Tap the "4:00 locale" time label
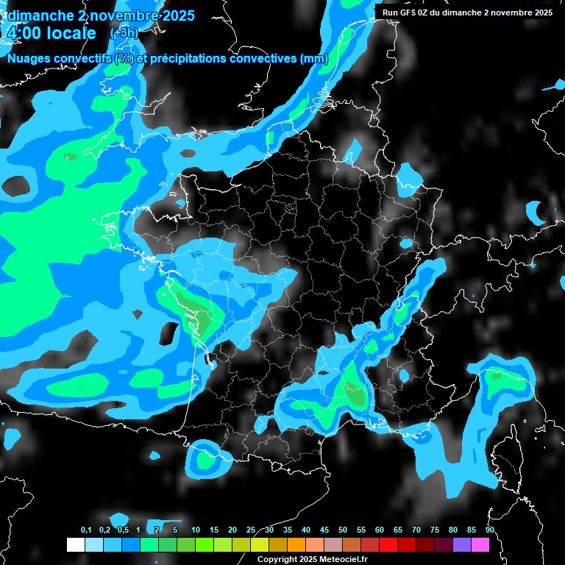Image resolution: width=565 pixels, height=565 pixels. [x=51, y=33]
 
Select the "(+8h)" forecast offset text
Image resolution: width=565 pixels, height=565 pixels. [x=123, y=33]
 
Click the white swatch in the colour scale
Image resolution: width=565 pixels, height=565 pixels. [x=75, y=544]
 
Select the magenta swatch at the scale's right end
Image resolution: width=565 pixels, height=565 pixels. [x=480, y=544]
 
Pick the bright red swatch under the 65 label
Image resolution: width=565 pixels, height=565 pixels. [x=388, y=544]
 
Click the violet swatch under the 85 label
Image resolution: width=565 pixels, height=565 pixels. [x=462, y=544]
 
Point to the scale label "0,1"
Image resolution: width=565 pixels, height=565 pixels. [x=85, y=530]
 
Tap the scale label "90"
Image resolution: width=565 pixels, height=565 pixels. [x=490, y=530]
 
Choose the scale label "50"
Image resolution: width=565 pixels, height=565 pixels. [x=343, y=530]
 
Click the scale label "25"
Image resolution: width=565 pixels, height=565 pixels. [x=251, y=530]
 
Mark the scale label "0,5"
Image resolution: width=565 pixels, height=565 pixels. [x=122, y=530]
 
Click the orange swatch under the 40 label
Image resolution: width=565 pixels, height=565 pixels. [x=296, y=544]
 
